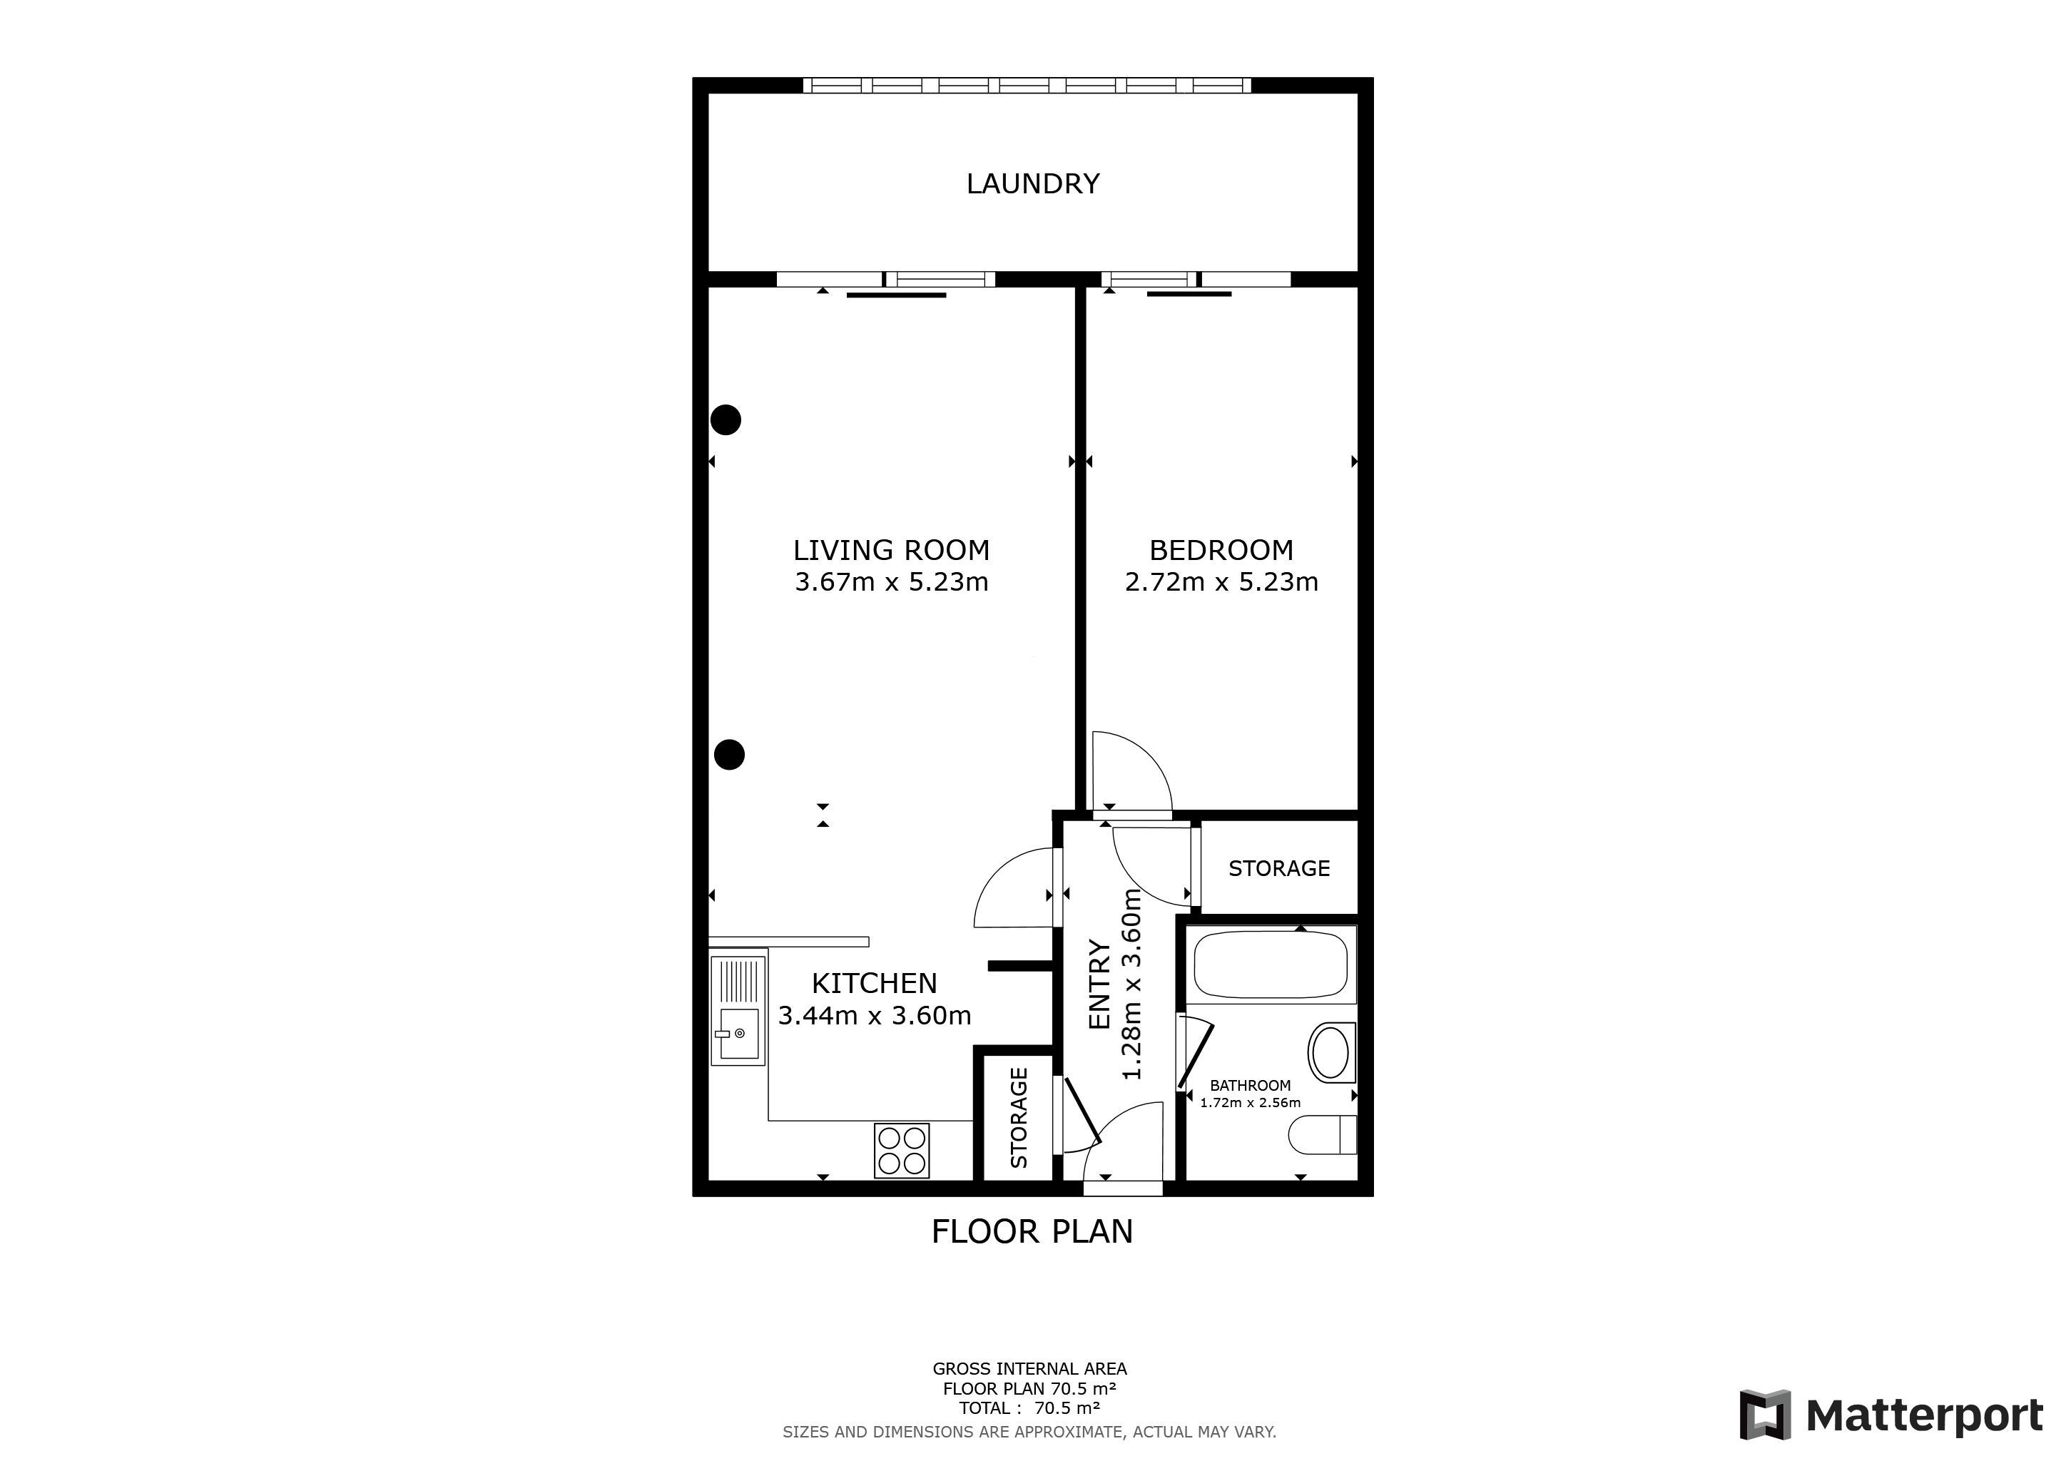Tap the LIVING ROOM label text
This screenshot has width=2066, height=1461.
pos(891,550)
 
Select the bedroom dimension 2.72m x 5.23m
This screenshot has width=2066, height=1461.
pos(1221,582)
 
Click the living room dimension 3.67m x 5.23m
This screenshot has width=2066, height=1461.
pos(891,582)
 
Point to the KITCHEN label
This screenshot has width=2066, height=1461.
pos(874,982)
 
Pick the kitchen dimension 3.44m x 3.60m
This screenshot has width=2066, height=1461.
pos(874,1016)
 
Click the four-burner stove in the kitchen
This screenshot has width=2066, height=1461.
pos(902,1151)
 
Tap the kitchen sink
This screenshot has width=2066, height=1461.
pos(738,1010)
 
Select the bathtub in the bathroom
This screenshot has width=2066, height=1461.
pos(1271,964)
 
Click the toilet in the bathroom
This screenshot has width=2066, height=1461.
pos(1322,1134)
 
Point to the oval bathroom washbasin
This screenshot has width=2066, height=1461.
pos(1330,1052)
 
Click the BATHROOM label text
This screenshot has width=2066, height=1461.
pos(1250,1086)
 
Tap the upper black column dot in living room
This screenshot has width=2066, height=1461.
pos(726,419)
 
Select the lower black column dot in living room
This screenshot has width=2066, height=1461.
pos(730,755)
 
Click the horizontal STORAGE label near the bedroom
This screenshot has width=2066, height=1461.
pos(1278,868)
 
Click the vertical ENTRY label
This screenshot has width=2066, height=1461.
pos(1099,984)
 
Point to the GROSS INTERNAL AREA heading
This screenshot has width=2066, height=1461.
pos(1029,1369)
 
